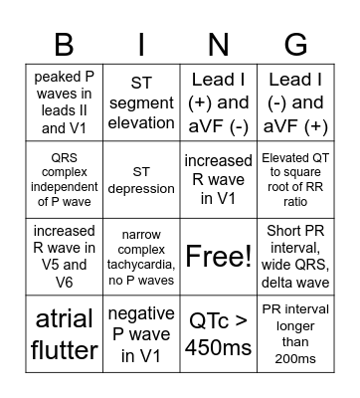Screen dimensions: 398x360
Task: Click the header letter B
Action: [x=64, y=44]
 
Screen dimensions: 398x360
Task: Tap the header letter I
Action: [x=141, y=44]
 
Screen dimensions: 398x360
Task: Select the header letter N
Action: [x=219, y=44]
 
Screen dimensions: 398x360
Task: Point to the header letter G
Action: [x=296, y=44]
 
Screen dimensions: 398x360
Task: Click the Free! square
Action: [x=219, y=257]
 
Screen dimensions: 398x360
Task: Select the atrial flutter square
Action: [x=64, y=335]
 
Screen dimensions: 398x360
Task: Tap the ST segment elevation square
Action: [x=141, y=101]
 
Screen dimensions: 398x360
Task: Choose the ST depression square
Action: [x=141, y=179]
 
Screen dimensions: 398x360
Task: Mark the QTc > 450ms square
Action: [x=219, y=335]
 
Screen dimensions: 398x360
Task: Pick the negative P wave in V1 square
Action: [x=141, y=335]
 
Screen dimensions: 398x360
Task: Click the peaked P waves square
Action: [x=64, y=101]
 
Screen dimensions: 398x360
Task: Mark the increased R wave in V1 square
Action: [x=219, y=179]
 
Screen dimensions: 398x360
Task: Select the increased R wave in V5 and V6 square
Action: [x=64, y=257]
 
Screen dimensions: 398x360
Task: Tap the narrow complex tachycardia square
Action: [x=141, y=257]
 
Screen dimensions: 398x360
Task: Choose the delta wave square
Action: [x=296, y=257]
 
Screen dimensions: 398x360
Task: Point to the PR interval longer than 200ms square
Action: [x=296, y=335]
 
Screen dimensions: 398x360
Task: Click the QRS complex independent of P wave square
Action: [x=64, y=179]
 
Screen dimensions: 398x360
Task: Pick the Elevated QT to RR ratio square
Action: [x=296, y=179]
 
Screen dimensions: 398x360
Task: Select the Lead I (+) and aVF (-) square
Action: [x=219, y=101]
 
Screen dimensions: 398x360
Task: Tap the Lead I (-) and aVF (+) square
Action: [x=296, y=101]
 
